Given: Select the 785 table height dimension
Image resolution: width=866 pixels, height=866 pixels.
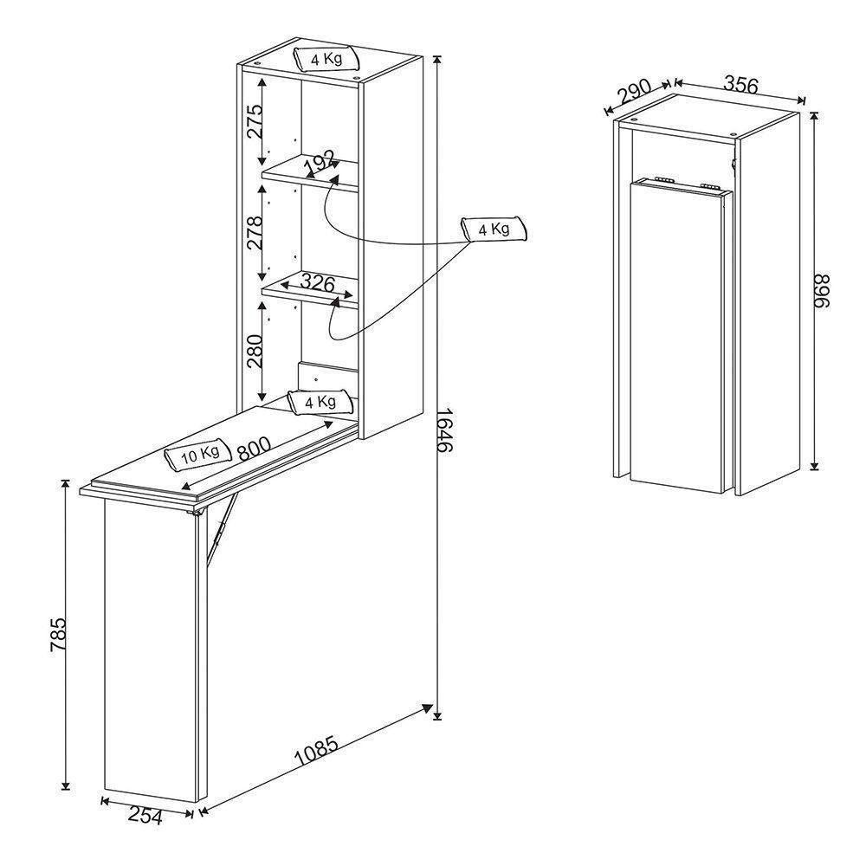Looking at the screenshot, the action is [59, 634].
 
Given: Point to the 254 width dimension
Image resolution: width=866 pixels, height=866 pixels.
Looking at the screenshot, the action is [145, 816].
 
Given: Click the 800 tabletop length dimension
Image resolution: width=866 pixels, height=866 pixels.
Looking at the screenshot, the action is [254, 449].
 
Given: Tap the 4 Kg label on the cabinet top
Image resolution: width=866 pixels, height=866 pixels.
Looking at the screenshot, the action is [326, 59].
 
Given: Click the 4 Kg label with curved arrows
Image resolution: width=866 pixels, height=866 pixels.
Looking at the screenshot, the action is [494, 229].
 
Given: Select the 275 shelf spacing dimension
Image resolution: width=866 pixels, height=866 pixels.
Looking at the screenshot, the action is [255, 120].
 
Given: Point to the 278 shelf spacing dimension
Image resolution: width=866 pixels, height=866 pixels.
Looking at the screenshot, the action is [255, 232].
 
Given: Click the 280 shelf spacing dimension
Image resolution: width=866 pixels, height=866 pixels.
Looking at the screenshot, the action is [255, 352].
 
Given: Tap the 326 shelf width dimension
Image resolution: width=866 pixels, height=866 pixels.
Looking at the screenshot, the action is [318, 283].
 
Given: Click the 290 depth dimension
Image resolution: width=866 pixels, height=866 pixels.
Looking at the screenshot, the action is [634, 93].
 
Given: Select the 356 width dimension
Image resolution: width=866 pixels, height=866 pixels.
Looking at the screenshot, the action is [740, 85].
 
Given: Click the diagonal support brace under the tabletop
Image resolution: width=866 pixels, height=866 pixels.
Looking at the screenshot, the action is [222, 528].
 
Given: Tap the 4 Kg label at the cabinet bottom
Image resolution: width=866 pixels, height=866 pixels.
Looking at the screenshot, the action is [320, 401].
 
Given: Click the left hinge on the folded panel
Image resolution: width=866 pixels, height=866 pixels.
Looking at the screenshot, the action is [661, 178].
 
